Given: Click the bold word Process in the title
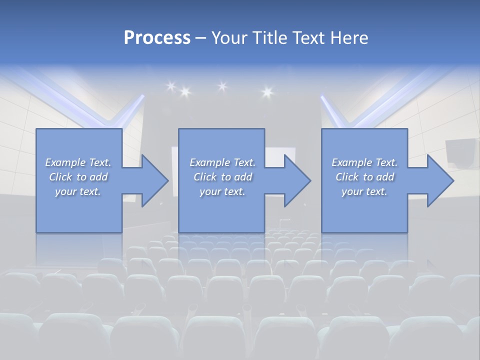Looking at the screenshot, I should [x=157, y=37].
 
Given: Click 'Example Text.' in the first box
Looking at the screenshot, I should [x=78, y=162].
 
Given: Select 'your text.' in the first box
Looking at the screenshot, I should [x=78, y=191].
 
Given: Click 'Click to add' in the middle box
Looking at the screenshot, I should [x=222, y=177].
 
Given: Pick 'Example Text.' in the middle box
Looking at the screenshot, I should [x=222, y=162].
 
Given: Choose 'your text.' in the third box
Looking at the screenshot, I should [x=364, y=191].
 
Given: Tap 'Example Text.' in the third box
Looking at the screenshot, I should [x=364, y=162].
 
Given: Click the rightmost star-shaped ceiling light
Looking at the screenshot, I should [x=266, y=91].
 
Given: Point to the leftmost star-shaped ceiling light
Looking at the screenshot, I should [x=170, y=86].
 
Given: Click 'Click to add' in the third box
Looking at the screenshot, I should [x=364, y=177].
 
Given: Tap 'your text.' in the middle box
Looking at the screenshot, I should [x=222, y=191].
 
